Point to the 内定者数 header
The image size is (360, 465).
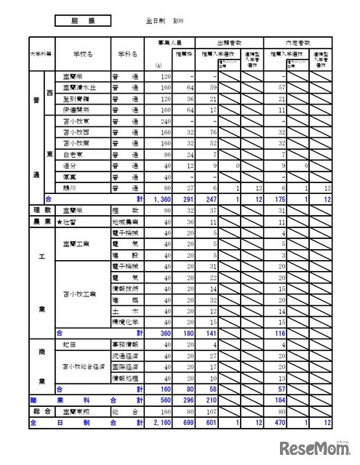tap(300, 43)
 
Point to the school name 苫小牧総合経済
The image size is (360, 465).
tap(81, 366)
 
